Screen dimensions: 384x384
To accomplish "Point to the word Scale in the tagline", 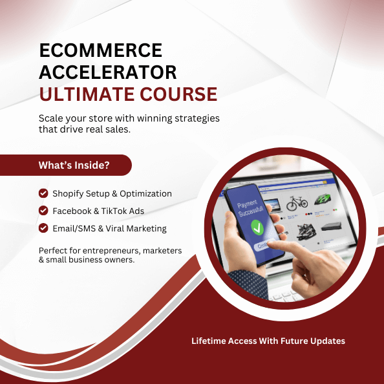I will point(52,118).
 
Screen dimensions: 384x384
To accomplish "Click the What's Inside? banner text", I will point(74,165).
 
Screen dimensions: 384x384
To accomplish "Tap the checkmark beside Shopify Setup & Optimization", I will point(43,193).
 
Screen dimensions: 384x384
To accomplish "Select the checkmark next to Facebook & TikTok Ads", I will point(43,211).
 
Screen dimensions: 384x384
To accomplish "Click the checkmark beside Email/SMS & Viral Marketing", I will point(43,228).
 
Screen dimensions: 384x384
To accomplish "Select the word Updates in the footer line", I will point(327,341).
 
